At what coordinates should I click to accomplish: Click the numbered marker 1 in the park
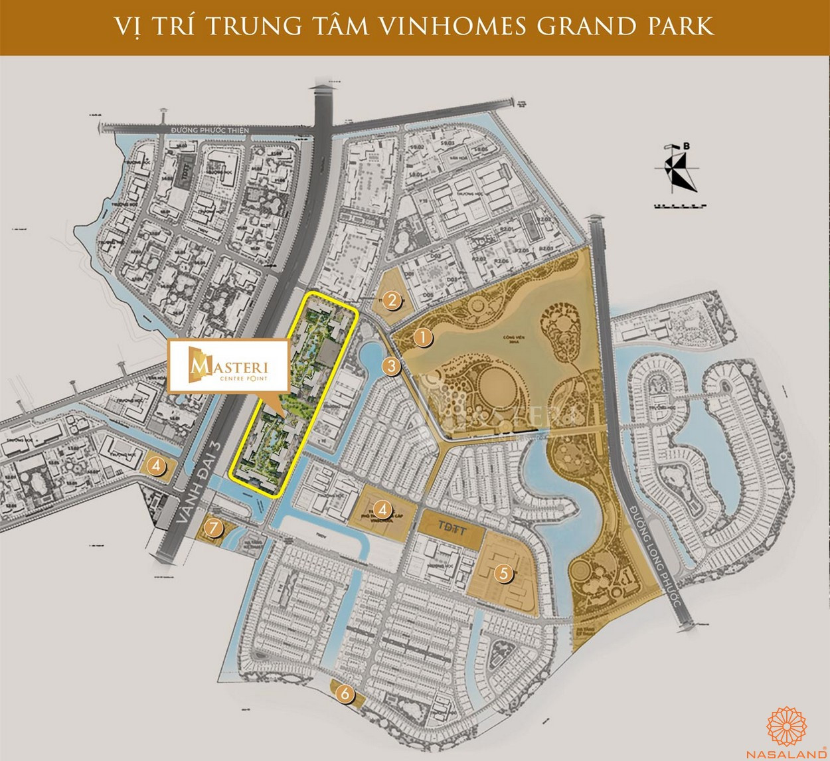click(x=421, y=337)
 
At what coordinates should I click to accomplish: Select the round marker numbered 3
click(x=392, y=365)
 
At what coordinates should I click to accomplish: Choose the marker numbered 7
click(x=212, y=529)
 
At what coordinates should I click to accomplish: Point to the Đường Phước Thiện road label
click(x=209, y=130)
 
